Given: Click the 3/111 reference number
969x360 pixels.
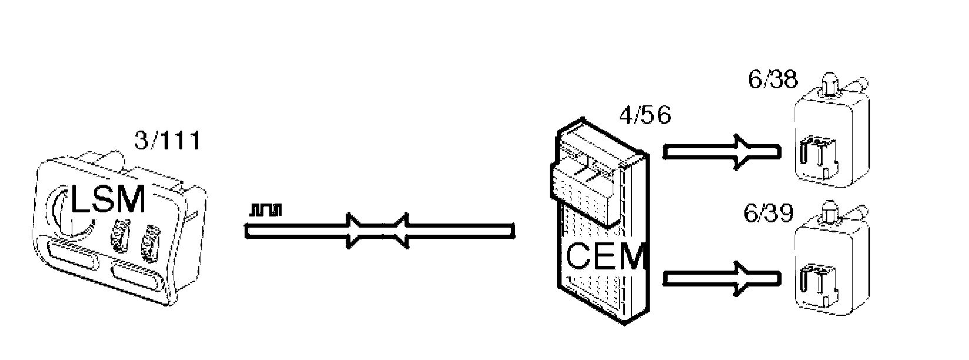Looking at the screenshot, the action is click(x=168, y=142).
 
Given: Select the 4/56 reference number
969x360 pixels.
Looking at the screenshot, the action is click(x=644, y=116).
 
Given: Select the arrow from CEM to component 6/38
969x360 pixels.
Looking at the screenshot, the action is click(x=723, y=152).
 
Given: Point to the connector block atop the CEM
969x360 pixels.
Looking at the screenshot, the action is click(x=587, y=176).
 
